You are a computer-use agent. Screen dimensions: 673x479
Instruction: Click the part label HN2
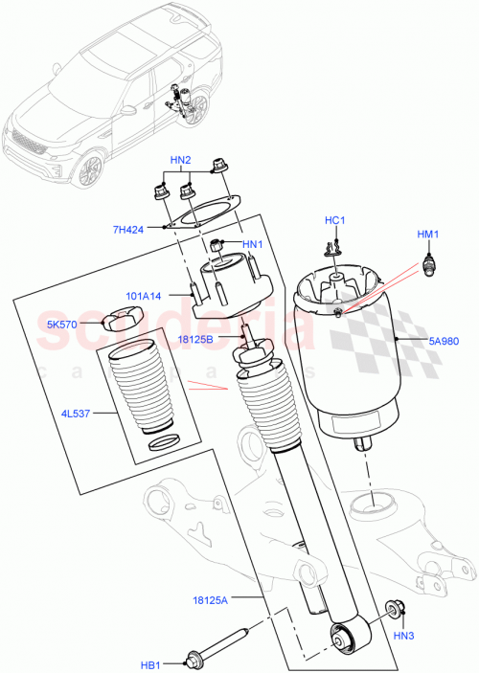[181, 159]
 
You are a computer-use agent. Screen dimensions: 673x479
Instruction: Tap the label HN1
[252, 245]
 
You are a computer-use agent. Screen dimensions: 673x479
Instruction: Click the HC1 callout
[333, 221]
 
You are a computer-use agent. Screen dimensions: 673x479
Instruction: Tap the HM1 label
[427, 235]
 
